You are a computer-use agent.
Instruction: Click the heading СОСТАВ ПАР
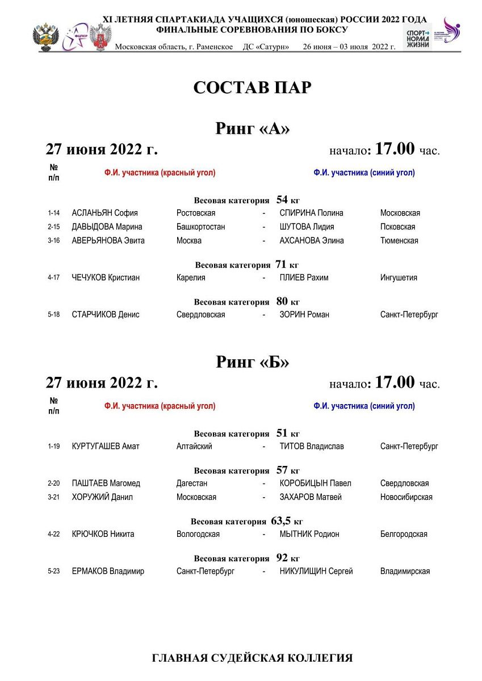[x=252, y=88]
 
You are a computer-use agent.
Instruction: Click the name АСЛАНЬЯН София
[x=104, y=213]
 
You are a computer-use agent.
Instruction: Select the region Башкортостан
[x=200, y=227]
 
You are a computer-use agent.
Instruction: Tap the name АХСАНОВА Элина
[x=311, y=241]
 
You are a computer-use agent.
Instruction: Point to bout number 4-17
[x=54, y=278]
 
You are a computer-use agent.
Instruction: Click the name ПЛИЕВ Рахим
[x=304, y=278]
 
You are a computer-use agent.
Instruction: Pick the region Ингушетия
[x=399, y=278]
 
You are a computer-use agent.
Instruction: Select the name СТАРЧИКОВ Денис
[x=106, y=315]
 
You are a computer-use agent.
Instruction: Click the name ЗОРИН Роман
[x=304, y=315]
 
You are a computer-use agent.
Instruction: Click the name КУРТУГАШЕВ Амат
[x=106, y=447]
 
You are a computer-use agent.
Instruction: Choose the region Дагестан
[x=192, y=484]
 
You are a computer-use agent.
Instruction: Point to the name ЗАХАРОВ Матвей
[x=311, y=497]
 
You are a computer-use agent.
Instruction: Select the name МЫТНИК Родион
[x=309, y=534]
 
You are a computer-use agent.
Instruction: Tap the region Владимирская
[x=405, y=571]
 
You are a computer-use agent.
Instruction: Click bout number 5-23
[x=54, y=571]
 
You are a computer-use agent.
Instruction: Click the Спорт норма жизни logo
[x=417, y=37]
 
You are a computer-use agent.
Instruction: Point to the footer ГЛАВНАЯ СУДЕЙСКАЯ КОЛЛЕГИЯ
[x=252, y=658]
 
